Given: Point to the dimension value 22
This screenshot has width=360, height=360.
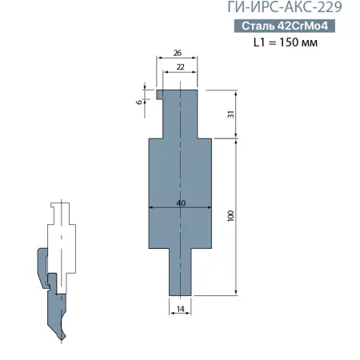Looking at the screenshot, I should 181,69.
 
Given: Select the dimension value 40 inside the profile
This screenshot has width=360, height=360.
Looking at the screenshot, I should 181,203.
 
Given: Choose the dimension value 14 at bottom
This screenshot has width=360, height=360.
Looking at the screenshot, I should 181,307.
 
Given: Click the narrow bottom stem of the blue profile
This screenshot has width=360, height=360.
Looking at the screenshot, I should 181,272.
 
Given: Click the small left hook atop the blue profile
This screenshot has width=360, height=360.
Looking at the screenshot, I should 160,95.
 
